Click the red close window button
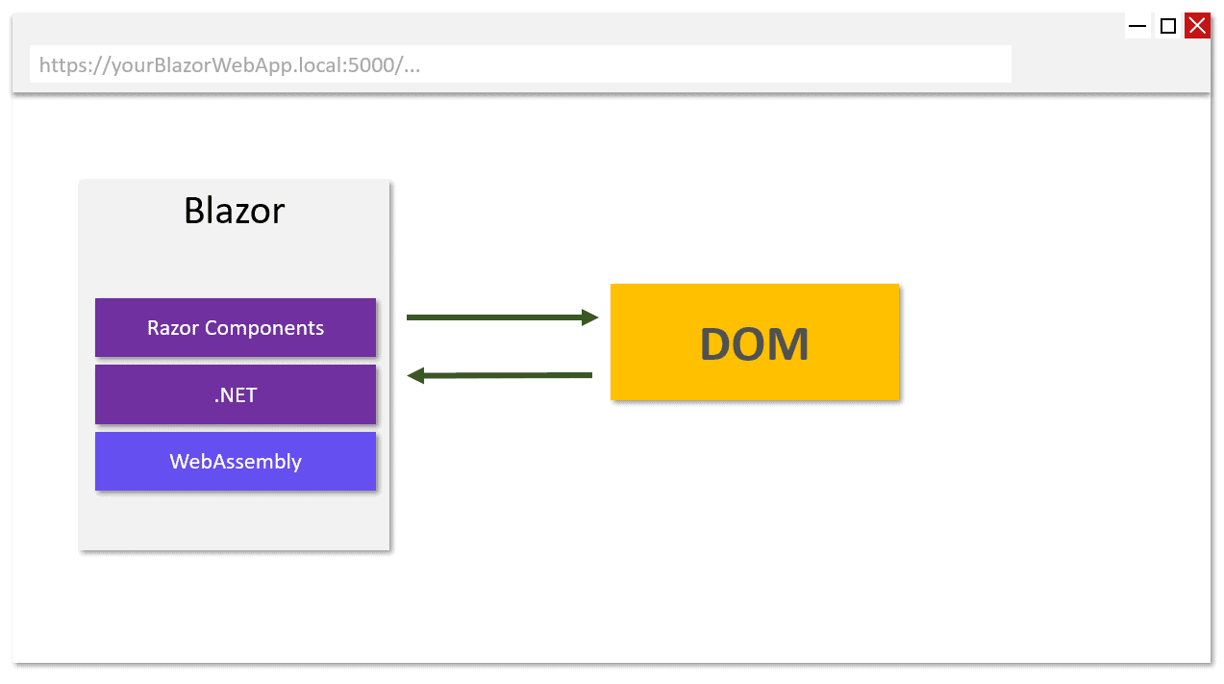click(1197, 26)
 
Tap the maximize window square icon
click(1168, 26)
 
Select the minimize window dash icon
click(1137, 26)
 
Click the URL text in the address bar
click(230, 65)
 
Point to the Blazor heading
click(235, 211)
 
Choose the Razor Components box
click(236, 328)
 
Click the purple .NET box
click(236, 394)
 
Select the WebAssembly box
click(236, 462)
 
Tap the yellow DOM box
click(755, 342)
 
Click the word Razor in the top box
click(173, 328)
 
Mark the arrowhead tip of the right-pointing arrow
click(596, 317)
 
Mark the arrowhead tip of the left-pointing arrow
click(410, 375)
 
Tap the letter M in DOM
click(791, 344)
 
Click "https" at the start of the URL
click(58, 65)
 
